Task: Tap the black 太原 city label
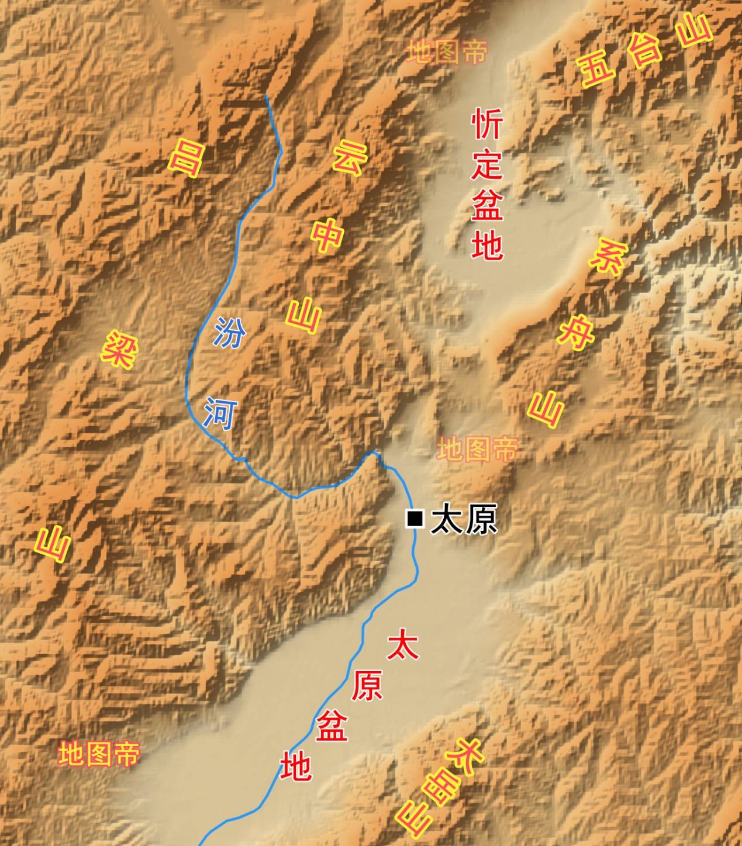[463, 519]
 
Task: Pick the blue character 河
[219, 413]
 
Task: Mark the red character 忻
[487, 123]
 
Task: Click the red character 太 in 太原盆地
[403, 644]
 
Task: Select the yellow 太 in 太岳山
[471, 753]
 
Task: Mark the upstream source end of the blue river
[267, 95]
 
